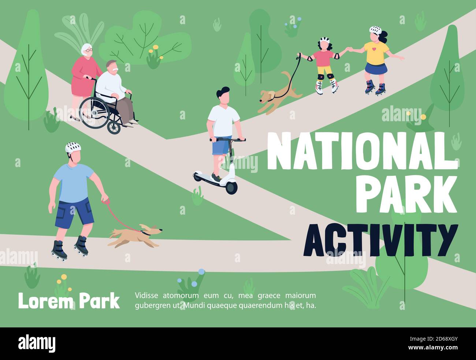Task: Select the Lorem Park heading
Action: click(69, 301)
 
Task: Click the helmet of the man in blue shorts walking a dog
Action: click(73, 147)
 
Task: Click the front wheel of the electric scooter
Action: click(231, 187)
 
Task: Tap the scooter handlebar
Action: click(227, 139)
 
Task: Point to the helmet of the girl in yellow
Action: click(375, 30)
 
